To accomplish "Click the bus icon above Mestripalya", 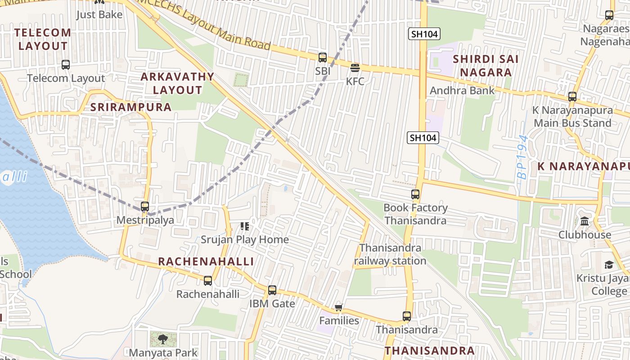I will (145, 207).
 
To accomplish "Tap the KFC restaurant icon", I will (355, 68).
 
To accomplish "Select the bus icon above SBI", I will (323, 58).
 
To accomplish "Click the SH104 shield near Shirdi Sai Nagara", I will (424, 34).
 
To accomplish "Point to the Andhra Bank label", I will (462, 90).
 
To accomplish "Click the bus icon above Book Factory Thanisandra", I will (415, 194).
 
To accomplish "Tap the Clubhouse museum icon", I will (585, 221).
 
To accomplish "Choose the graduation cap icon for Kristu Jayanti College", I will (609, 265).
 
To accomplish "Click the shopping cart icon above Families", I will (339, 308).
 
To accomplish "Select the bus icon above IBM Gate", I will (272, 290).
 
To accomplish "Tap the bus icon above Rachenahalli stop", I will (207, 281).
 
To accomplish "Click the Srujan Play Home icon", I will (245, 226).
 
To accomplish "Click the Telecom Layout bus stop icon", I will (66, 65).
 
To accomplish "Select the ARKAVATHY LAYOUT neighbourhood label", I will (177, 83).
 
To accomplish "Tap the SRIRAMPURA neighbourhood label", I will (131, 107).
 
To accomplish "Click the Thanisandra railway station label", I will (390, 254).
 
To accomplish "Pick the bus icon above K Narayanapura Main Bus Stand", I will (572, 97).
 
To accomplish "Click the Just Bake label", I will (99, 14).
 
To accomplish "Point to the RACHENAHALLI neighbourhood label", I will (206, 261).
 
